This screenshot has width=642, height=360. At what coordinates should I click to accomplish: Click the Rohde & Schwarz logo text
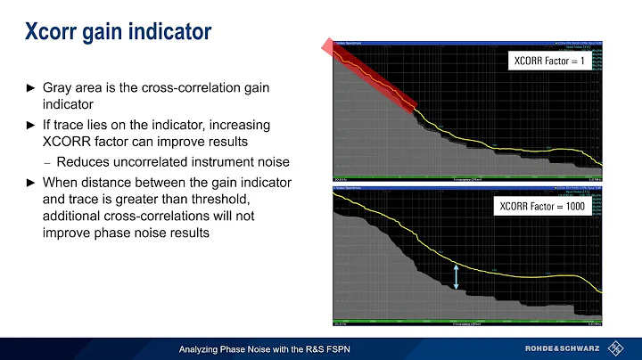tap(568, 347)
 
